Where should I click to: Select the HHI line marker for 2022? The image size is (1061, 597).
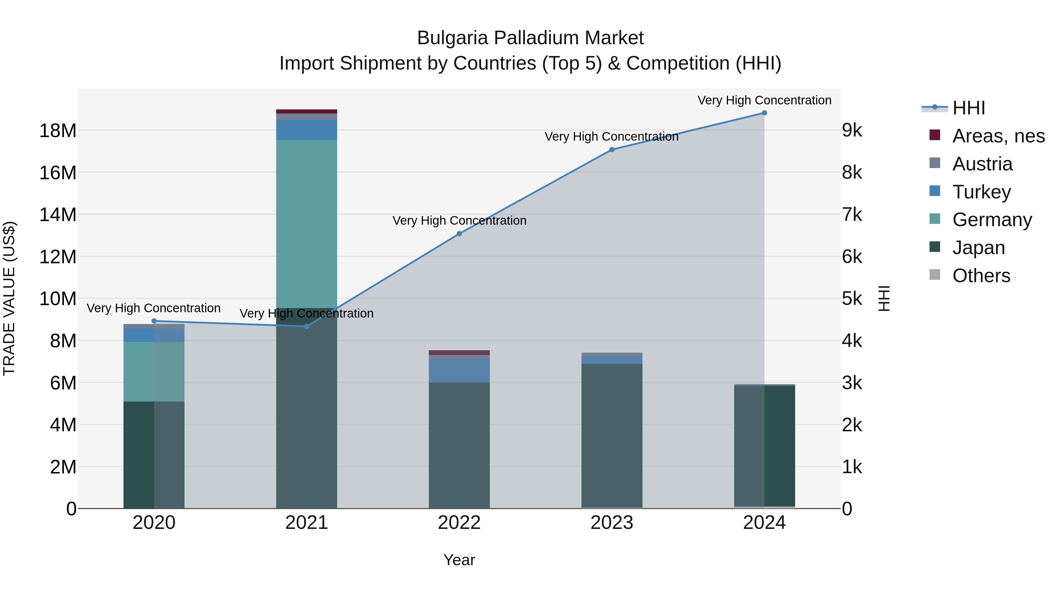[x=459, y=233]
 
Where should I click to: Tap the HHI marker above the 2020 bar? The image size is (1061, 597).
[x=154, y=321]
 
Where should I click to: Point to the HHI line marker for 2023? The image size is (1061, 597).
[x=612, y=149]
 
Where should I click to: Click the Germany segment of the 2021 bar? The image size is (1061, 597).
[x=307, y=223]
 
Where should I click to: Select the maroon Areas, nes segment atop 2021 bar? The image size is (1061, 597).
[x=307, y=111]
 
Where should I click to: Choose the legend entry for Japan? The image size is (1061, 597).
[x=978, y=248]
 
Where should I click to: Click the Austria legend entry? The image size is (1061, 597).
[x=982, y=164]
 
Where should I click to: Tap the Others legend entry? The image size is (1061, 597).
[x=981, y=276]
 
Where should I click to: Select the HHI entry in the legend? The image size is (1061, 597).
[x=968, y=108]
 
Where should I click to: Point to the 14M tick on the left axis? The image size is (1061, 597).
[x=58, y=215]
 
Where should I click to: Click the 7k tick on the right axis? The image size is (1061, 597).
[x=852, y=215]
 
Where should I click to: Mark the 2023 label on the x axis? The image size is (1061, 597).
[x=612, y=523]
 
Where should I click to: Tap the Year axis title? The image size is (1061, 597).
[x=459, y=560]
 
